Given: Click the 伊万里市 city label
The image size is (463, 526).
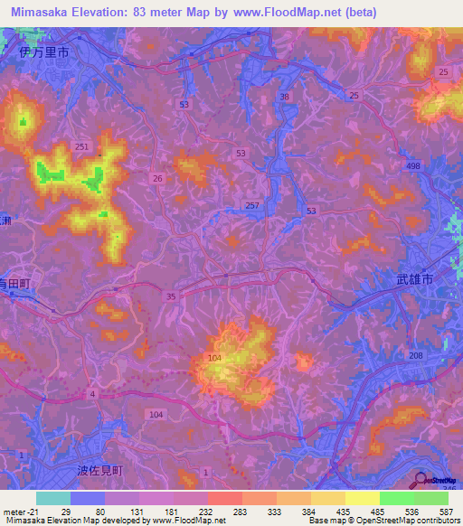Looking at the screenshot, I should (43, 53).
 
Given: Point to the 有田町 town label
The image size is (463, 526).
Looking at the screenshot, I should (15, 283).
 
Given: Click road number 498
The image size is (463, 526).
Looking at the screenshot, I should (413, 166).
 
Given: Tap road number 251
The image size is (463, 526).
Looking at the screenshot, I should (82, 146).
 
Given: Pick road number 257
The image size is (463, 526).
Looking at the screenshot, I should (251, 207).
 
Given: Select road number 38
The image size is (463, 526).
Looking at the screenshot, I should (286, 96).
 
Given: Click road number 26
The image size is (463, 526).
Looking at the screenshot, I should (157, 178).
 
